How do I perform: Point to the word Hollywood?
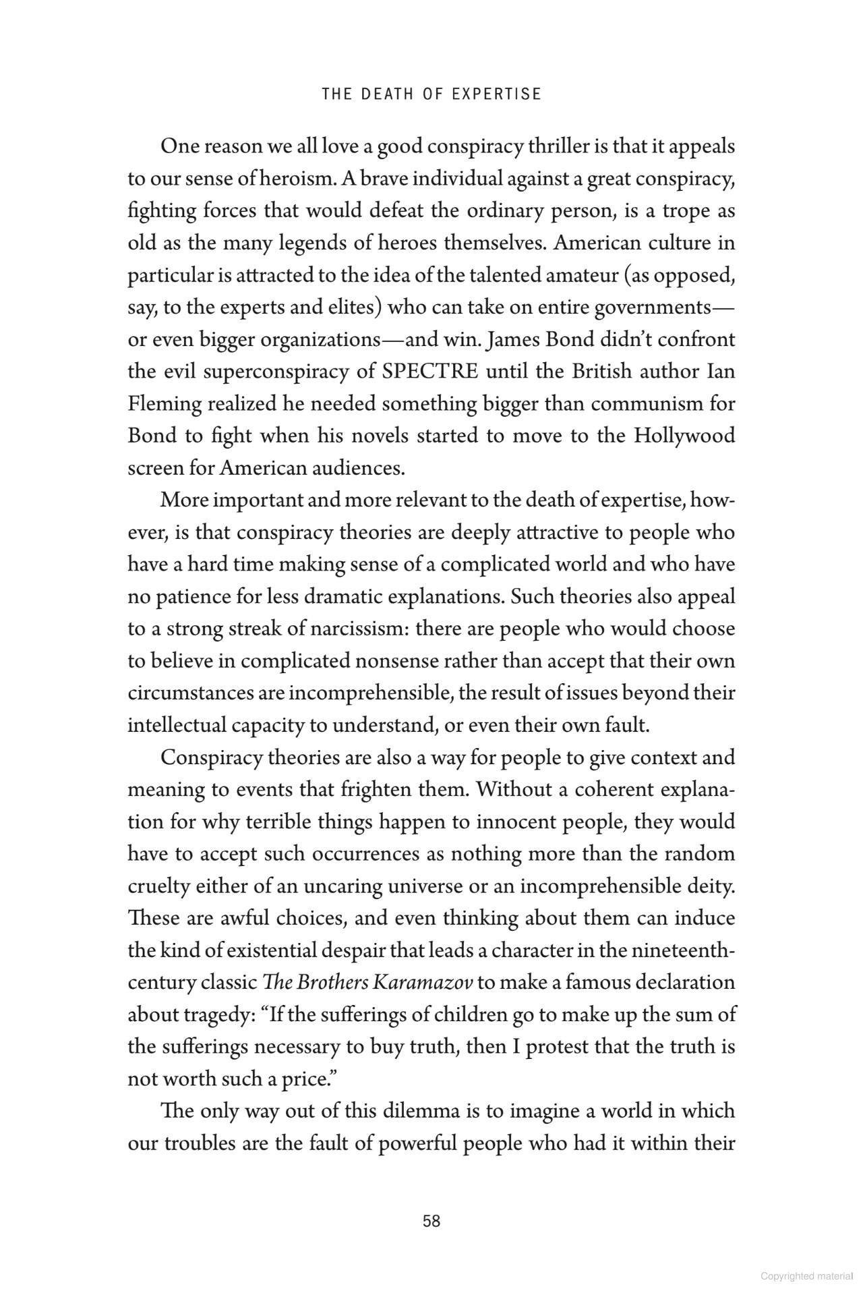tap(684, 436)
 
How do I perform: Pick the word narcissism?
tap(359, 629)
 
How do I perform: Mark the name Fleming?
tap(165, 404)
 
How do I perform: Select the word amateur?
tap(571, 275)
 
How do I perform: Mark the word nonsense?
tap(398, 660)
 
